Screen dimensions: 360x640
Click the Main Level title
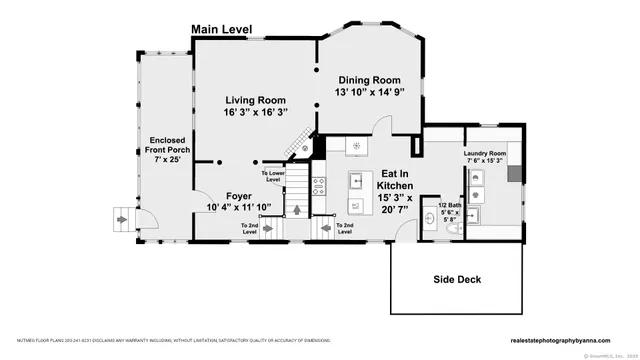221,31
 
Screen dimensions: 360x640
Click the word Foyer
238,195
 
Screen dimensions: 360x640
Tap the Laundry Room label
486,153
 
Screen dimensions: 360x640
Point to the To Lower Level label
273,176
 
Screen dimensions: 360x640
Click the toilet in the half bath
452,229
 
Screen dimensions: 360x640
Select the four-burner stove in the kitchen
321,184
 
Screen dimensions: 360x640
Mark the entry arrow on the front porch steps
124,217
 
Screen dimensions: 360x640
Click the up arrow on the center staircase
298,208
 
